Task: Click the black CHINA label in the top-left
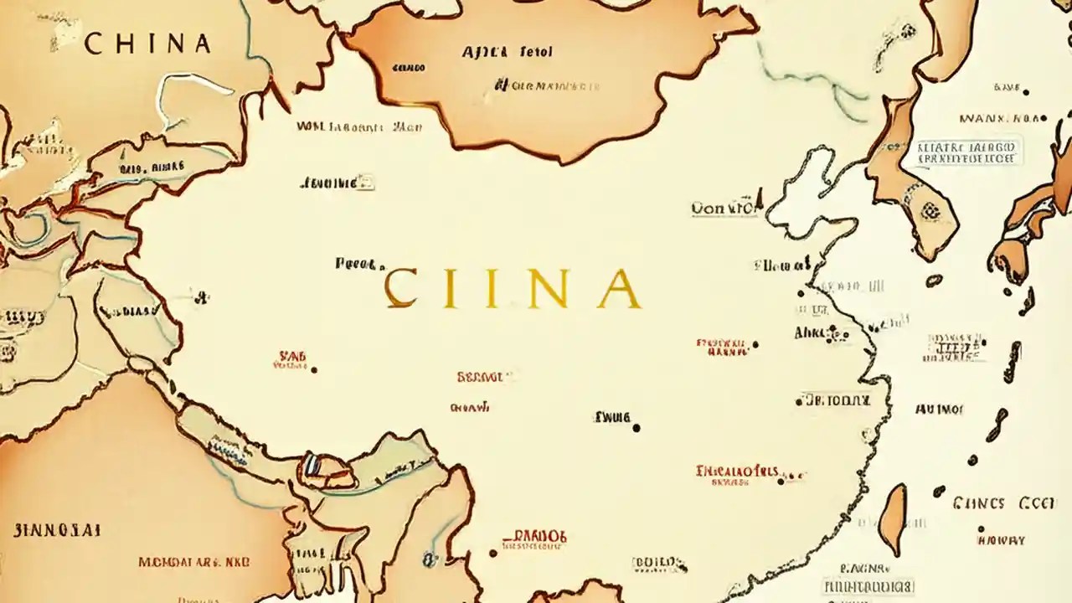coord(147,44)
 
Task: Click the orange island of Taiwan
coord(894,519)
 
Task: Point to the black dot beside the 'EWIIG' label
coord(636,428)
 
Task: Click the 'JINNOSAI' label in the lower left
coord(57,530)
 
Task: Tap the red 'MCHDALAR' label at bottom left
coord(193,562)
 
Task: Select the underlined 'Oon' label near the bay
coord(724,208)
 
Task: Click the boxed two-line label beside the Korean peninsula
coord(967,152)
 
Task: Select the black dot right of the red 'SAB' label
coord(314,368)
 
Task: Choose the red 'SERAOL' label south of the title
coord(480,378)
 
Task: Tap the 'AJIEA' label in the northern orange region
coord(485,52)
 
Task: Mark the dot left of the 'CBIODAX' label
coord(799,402)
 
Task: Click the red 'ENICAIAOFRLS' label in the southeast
coord(737,471)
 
